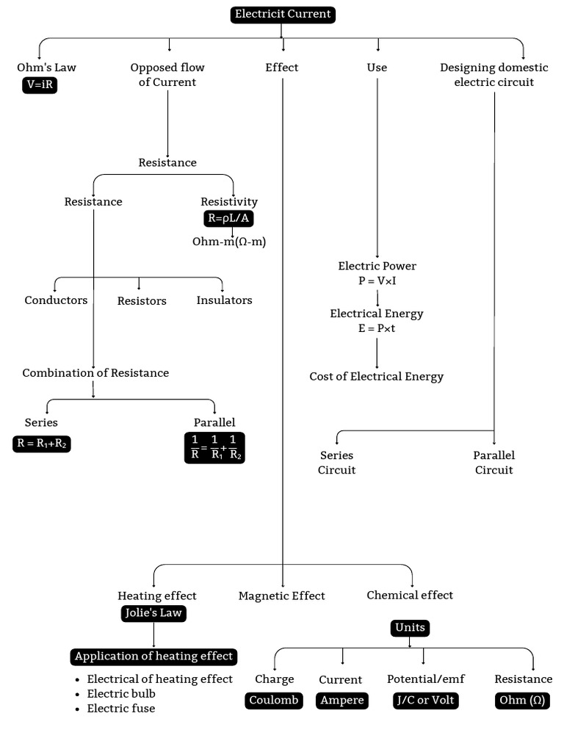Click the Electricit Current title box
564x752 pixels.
pyautogui.click(x=283, y=14)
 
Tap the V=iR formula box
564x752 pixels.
pyautogui.click(x=40, y=85)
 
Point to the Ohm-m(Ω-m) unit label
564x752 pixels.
pyautogui.click(x=229, y=242)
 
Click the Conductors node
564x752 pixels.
pyautogui.click(x=56, y=300)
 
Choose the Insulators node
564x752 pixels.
pyautogui.click(x=224, y=300)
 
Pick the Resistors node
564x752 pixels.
pyautogui.click(x=142, y=301)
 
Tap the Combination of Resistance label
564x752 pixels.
pyautogui.click(x=95, y=373)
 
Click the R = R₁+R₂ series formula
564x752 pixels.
pyautogui.click(x=42, y=444)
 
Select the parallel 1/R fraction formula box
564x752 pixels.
pyautogui.click(x=214, y=446)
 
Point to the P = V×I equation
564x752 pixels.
pyautogui.click(x=377, y=281)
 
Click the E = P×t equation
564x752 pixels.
pyautogui.click(x=377, y=328)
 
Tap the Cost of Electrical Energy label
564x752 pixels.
pyautogui.click(x=377, y=377)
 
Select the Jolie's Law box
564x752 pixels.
pyautogui.click(x=153, y=614)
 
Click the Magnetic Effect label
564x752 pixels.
pyautogui.click(x=281, y=596)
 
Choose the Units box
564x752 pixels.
pyautogui.click(x=410, y=628)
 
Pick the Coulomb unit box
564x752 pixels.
pyautogui.click(x=274, y=701)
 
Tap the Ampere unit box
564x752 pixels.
pyautogui.click(x=341, y=701)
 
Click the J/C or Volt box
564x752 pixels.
pyautogui.click(x=426, y=701)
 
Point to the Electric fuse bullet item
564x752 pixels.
pyautogui.click(x=121, y=709)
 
